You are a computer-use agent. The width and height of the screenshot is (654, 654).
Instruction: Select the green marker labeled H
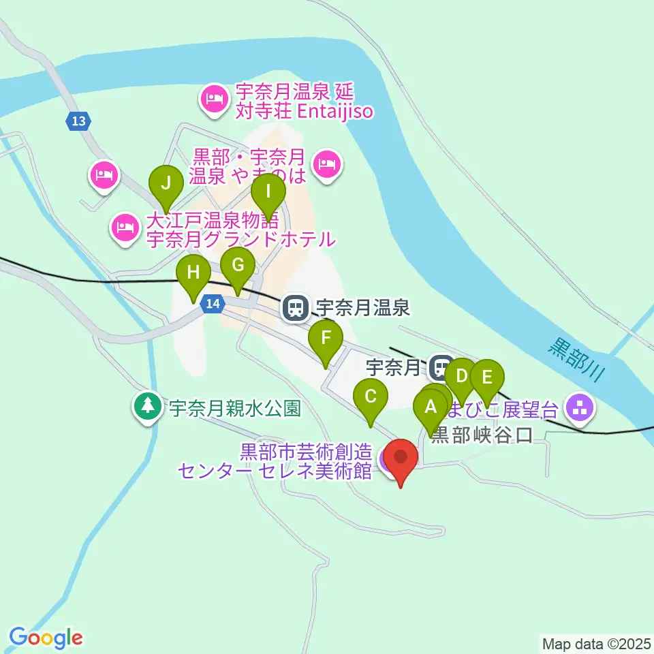[x=193, y=274]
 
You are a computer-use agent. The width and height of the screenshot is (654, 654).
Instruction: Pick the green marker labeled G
[x=238, y=266]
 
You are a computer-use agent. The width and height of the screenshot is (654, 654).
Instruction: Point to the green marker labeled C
[x=371, y=397]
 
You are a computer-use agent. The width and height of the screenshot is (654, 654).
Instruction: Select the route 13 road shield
[x=78, y=121]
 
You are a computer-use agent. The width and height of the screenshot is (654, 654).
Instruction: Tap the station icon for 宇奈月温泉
[x=295, y=309]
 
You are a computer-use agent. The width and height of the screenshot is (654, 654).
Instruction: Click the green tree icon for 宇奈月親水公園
[x=147, y=407]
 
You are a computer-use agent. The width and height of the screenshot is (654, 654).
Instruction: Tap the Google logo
[x=46, y=638]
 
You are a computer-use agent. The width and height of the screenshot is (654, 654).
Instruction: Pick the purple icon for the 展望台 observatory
[x=580, y=409]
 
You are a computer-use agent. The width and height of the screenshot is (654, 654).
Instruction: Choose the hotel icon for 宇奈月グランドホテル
[x=125, y=226]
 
